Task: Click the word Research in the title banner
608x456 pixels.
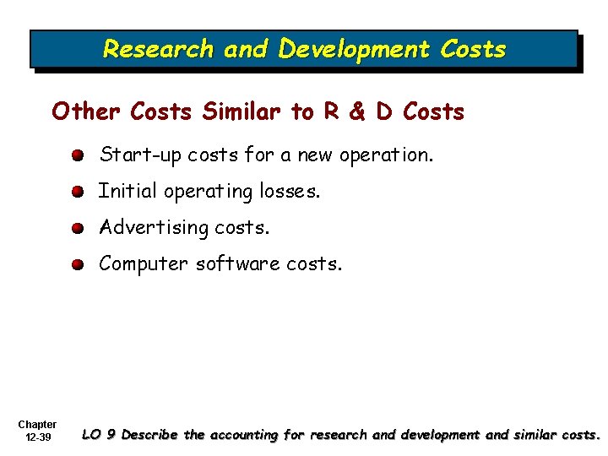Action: tap(158, 49)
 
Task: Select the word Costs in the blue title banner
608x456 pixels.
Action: tap(473, 49)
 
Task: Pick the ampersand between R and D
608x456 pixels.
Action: tap(356, 111)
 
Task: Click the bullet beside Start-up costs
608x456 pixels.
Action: tap(78, 155)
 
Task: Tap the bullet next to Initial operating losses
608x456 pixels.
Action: tap(78, 192)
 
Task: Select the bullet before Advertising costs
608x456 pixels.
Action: tap(78, 228)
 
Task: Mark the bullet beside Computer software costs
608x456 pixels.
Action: tap(78, 264)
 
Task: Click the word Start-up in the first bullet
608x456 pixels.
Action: tap(140, 155)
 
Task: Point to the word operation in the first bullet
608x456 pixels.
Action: tap(391, 155)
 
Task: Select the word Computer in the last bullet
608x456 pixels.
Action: tap(144, 264)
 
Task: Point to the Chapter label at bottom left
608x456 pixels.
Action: tap(37, 425)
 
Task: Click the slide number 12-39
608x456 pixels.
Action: tap(37, 437)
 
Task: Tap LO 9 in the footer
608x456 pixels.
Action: tap(100, 435)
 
